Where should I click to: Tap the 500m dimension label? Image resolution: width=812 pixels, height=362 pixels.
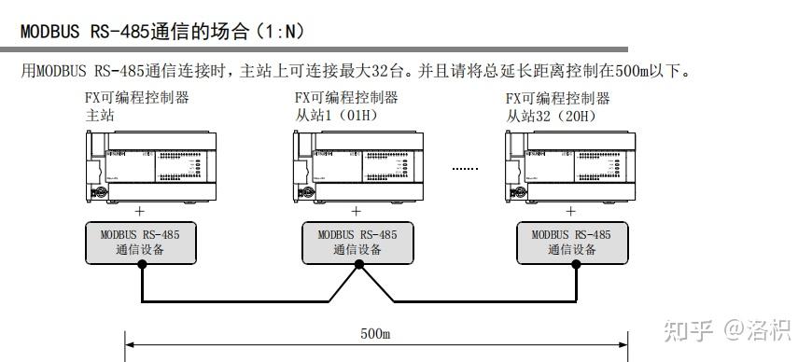click(375, 332)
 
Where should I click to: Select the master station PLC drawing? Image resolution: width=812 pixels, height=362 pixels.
click(149, 165)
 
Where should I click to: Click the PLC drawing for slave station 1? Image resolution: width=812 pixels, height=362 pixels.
click(358, 165)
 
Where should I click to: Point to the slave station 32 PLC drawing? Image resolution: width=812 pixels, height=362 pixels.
click(569, 165)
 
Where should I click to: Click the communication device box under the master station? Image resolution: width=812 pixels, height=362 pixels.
click(141, 243)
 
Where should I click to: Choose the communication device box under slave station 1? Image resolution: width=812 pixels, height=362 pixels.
click(357, 243)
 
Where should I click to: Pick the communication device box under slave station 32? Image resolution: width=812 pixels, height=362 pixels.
click(572, 243)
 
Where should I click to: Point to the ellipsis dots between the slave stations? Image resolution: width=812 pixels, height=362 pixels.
click(464, 169)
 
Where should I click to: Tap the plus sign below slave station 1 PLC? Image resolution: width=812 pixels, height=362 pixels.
click(357, 211)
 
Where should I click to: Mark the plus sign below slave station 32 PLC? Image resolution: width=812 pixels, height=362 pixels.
click(571, 211)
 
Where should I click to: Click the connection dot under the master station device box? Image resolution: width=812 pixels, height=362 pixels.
click(142, 264)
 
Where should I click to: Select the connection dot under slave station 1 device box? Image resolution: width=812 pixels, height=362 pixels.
click(357, 264)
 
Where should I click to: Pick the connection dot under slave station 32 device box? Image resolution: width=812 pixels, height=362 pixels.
click(572, 264)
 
